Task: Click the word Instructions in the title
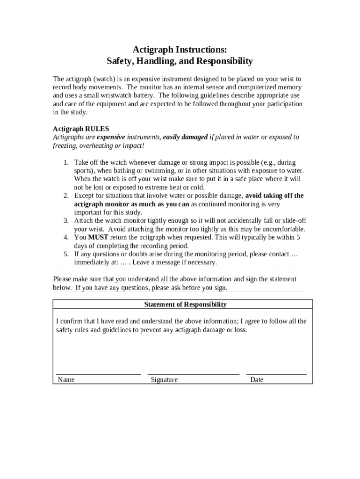(x=202, y=49)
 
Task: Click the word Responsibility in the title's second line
(x=225, y=61)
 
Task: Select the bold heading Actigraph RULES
(x=80, y=129)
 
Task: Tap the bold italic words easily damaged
(x=185, y=137)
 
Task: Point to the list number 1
(x=66, y=162)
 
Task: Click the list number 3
(x=66, y=221)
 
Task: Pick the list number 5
(x=66, y=254)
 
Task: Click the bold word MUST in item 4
(x=98, y=238)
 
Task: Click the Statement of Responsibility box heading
(x=185, y=305)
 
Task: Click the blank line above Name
(x=98, y=374)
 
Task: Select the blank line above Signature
(x=193, y=374)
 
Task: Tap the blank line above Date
(x=276, y=374)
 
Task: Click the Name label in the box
(x=66, y=380)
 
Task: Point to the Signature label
(x=164, y=380)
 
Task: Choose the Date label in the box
(x=257, y=380)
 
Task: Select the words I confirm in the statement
(x=69, y=321)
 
